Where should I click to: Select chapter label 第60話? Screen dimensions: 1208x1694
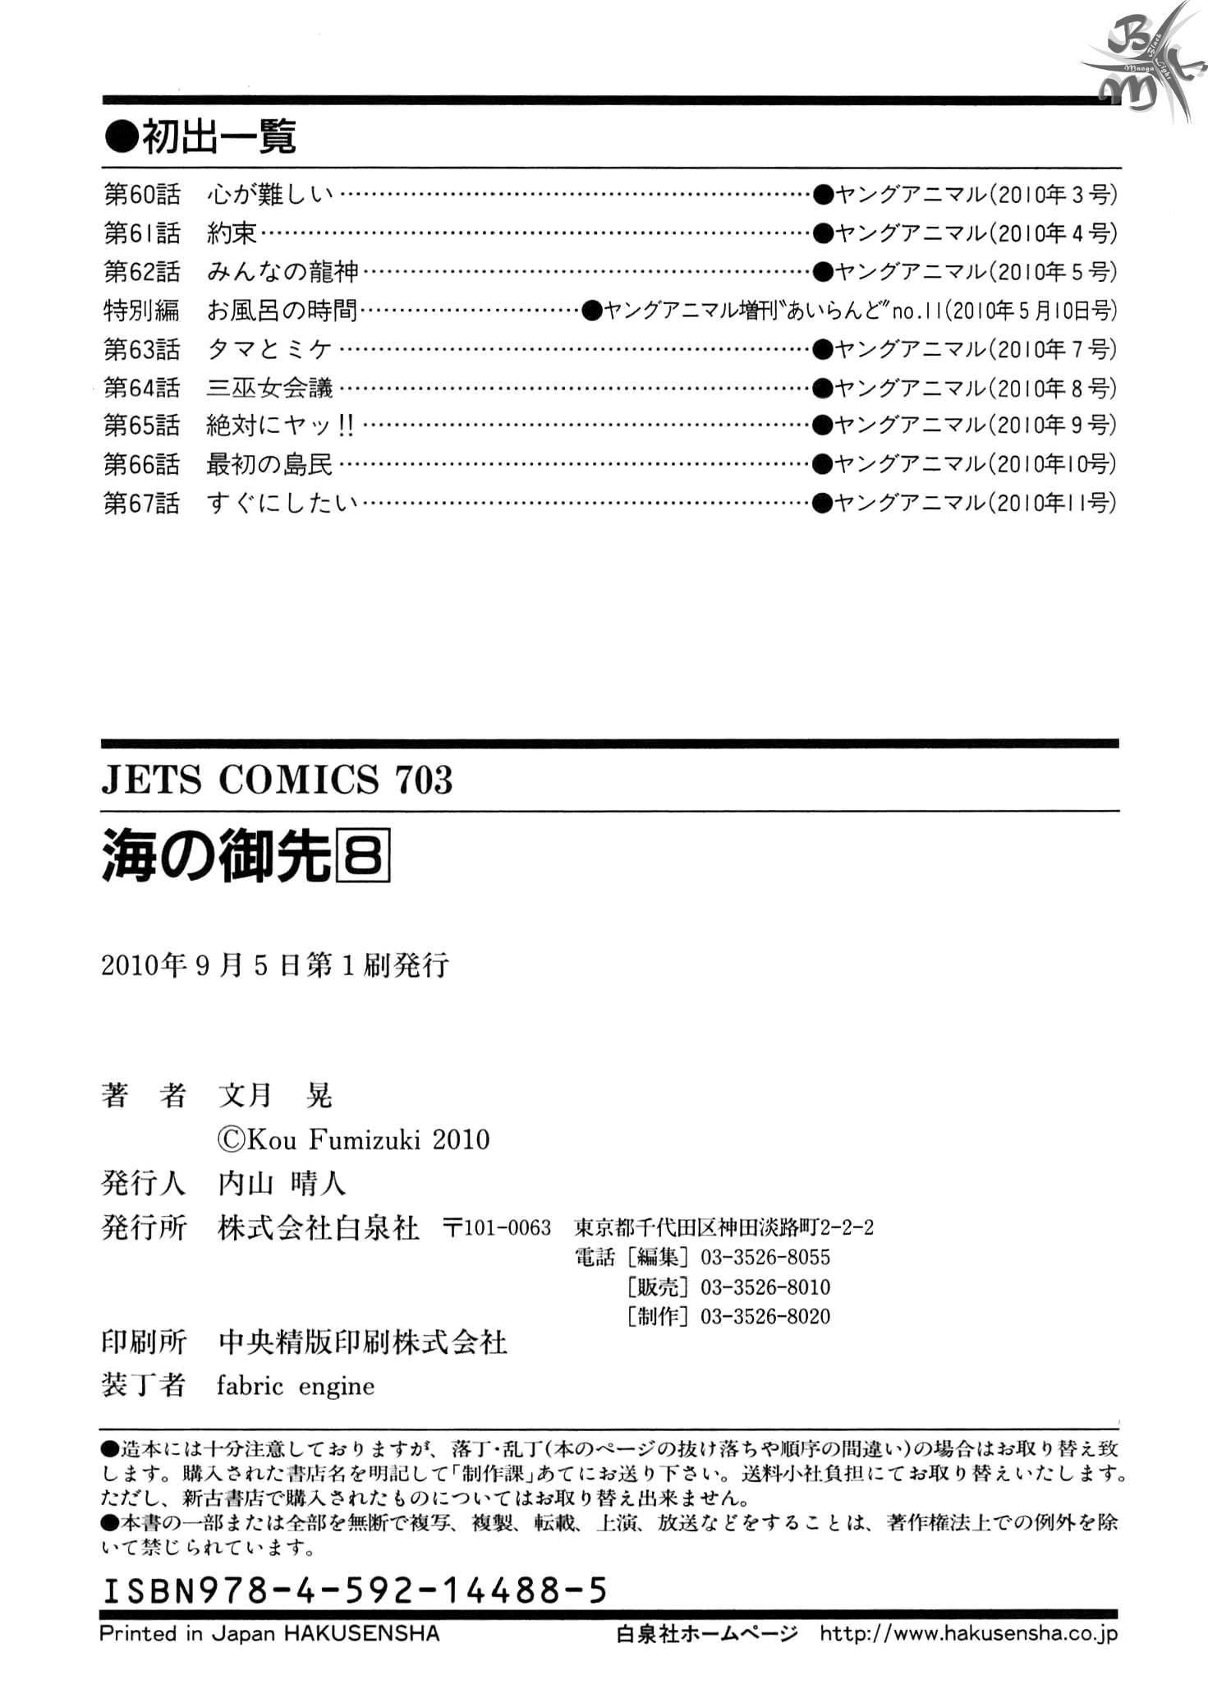(141, 195)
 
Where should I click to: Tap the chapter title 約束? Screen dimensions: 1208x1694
(232, 233)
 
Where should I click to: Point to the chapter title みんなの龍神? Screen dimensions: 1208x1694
(282, 272)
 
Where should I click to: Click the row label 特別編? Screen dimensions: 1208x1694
(141, 311)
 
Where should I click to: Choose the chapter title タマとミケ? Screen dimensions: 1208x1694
(269, 349)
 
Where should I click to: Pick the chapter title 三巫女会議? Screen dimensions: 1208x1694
(269, 388)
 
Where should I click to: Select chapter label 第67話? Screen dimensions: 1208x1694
(141, 503)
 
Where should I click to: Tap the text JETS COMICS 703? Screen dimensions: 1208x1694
(277, 779)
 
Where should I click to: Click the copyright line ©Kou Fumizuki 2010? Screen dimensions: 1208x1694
(353, 1139)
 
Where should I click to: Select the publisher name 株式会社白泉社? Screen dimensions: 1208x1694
(319, 1228)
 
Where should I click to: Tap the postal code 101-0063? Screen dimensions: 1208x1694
(497, 1228)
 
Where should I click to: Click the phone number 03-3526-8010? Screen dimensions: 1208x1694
(765, 1287)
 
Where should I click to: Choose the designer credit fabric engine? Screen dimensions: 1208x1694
(296, 1386)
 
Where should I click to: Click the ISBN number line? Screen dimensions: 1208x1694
(354, 1591)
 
